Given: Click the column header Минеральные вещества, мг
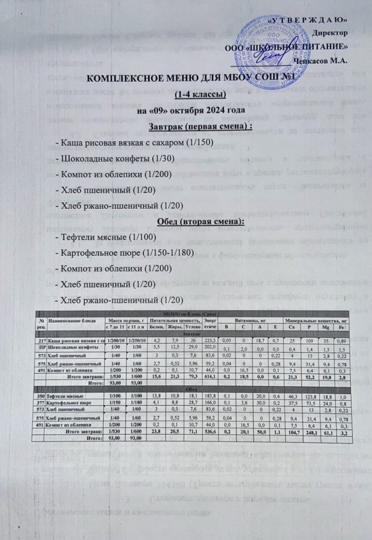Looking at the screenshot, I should [316, 321].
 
